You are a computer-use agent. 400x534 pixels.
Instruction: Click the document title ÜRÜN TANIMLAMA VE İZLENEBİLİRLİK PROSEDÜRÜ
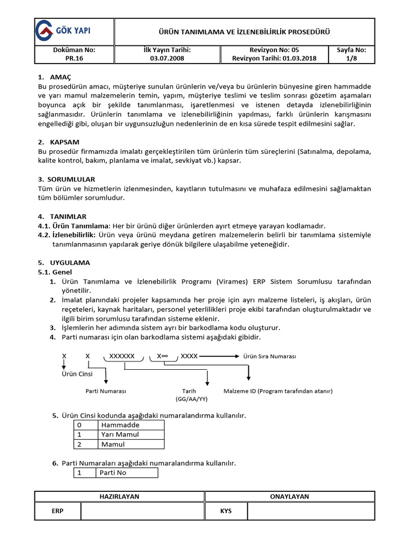244,32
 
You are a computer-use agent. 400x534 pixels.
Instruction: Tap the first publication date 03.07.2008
167,59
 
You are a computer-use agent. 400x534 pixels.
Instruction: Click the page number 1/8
352,59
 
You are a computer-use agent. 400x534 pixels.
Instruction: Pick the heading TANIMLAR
68,216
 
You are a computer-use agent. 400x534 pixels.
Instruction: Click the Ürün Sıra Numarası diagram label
269,356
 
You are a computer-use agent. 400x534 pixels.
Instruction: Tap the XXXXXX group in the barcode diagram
122,356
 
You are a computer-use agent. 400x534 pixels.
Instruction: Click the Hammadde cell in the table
120,424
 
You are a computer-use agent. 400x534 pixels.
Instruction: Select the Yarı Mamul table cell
120,434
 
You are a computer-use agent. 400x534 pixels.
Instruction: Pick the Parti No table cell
114,472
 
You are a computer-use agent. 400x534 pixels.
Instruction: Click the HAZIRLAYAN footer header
119,496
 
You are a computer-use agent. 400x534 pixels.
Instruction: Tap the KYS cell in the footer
226,511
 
